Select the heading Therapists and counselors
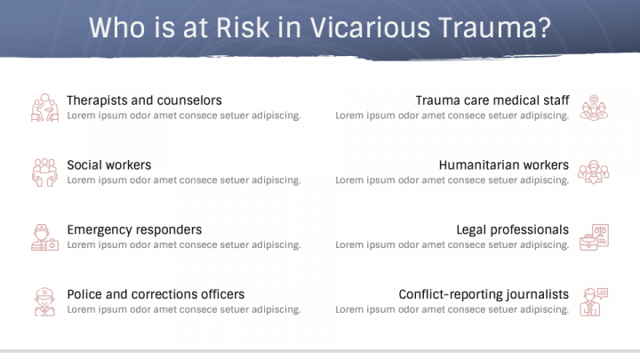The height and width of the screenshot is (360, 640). (x=144, y=100)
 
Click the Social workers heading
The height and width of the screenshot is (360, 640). (x=108, y=165)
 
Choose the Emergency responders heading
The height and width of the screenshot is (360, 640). (x=134, y=229)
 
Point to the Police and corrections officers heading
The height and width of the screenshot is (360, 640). (x=156, y=294)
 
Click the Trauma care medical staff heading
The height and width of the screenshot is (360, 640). (x=492, y=100)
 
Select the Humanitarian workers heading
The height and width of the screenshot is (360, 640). (x=503, y=165)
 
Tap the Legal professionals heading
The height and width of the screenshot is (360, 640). (x=512, y=229)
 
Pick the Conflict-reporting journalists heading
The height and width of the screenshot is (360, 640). (x=484, y=294)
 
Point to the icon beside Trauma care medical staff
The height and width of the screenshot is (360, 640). (x=593, y=108)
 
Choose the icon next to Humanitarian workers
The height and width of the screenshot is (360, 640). (x=593, y=172)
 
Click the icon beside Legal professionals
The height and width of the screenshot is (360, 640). (x=593, y=236)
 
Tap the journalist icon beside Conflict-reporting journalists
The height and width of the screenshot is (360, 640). (x=593, y=301)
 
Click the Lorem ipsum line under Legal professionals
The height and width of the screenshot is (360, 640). (x=452, y=244)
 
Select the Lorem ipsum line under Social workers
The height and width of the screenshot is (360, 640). (x=183, y=180)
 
